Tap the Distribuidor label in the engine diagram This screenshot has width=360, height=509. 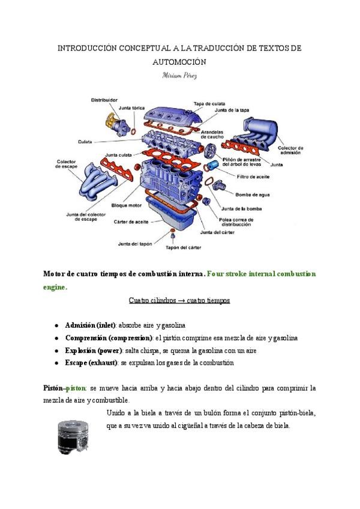[104, 100]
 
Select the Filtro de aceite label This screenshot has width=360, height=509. [253, 176]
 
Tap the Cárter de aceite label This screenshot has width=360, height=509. [131, 221]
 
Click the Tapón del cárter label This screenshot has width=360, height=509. [183, 247]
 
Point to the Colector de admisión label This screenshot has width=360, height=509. [291, 150]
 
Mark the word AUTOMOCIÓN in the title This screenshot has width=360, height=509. [179, 61]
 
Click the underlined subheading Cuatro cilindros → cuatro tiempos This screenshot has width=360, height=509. [179, 300]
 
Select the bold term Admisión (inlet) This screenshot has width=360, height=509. [90, 325]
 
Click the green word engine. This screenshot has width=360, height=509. [55, 286]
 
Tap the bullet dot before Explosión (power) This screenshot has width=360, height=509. [56, 351]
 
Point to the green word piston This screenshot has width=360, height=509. [77, 388]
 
